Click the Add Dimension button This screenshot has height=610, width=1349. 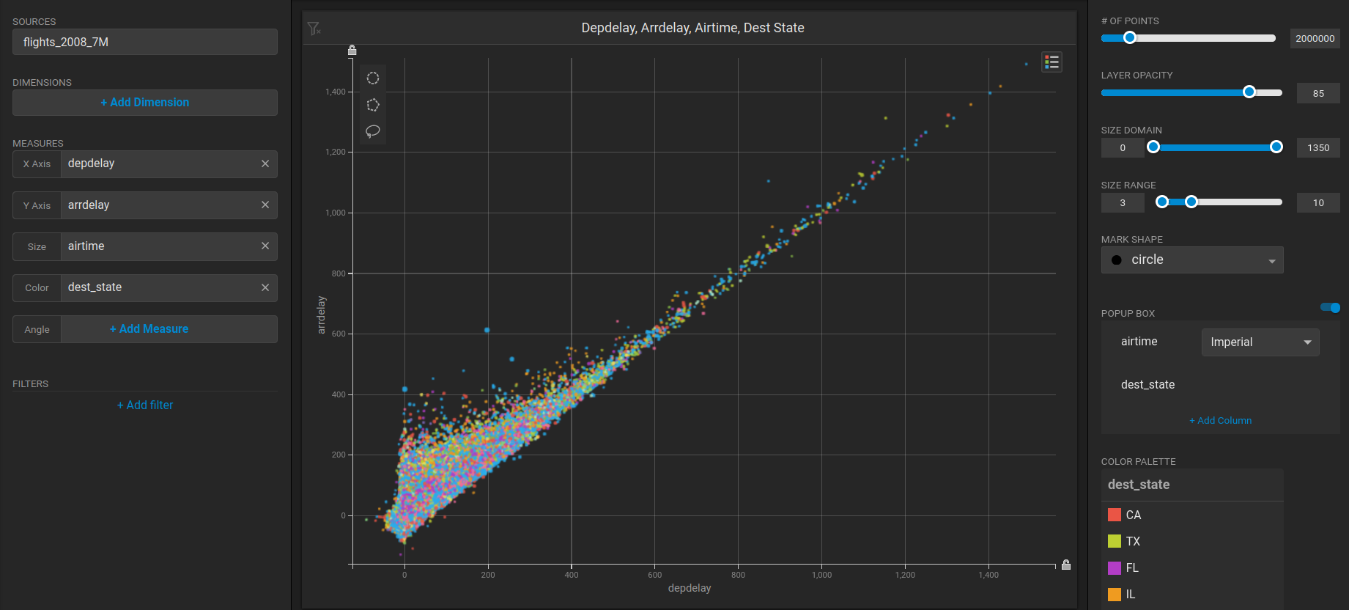point(144,103)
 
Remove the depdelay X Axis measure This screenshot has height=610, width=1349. point(265,163)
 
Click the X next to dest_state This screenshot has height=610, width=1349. point(265,287)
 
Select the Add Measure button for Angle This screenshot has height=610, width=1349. point(149,329)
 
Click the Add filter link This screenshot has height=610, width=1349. point(145,405)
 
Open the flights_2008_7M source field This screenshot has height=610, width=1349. point(144,42)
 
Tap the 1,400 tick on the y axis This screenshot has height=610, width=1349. point(335,92)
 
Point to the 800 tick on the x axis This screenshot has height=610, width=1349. point(738,575)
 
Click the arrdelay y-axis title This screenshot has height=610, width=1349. point(321,315)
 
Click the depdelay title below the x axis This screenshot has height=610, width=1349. point(689,588)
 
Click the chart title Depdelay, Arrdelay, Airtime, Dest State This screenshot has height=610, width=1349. point(692,28)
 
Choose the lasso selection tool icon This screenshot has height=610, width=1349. point(373,131)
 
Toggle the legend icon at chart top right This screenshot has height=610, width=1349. point(1052,62)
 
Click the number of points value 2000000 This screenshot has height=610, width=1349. point(1315,38)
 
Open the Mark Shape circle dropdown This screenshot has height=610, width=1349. point(1191,260)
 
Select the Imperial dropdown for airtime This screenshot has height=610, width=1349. point(1260,342)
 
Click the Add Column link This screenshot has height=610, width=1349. point(1220,421)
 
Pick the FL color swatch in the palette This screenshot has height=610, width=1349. point(1115,567)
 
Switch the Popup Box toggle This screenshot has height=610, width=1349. point(1330,308)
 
